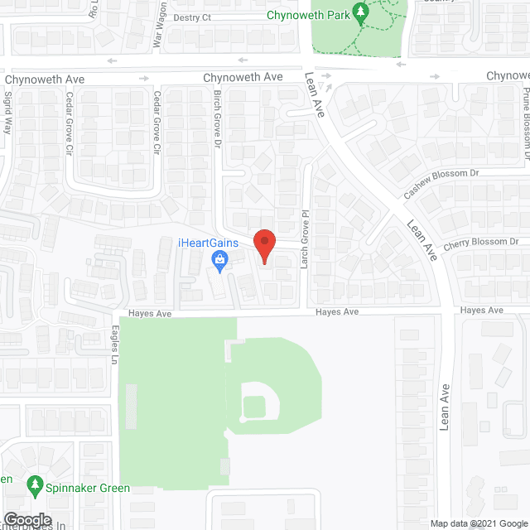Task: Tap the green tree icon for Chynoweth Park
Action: tap(360, 12)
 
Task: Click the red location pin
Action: tap(263, 245)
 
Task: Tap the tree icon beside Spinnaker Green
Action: tap(35, 483)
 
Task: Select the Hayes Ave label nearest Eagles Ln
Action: tap(149, 314)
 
